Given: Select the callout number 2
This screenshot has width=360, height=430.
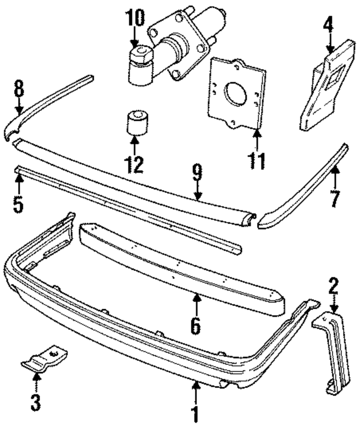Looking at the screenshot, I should (x=334, y=288).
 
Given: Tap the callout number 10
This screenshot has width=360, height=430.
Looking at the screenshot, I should (x=134, y=18).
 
